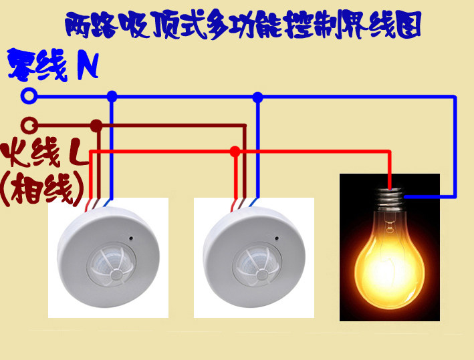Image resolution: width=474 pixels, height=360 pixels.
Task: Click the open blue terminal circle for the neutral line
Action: pyautogui.click(x=29, y=96)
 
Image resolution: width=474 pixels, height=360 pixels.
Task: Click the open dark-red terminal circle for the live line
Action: pyautogui.click(x=29, y=126)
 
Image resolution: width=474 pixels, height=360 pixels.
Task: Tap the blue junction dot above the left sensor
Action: pyautogui.click(x=112, y=97)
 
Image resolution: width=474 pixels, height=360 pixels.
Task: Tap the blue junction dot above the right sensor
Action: pyautogui.click(x=257, y=98)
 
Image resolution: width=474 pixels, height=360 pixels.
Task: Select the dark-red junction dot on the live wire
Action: pyautogui.click(x=96, y=126)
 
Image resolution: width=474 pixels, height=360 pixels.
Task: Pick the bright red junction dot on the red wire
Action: pyautogui.click(x=235, y=152)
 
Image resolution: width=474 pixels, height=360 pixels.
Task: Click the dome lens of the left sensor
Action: pyautogui.click(x=111, y=264)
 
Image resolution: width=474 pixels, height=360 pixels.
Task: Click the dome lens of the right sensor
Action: pyautogui.click(x=257, y=264)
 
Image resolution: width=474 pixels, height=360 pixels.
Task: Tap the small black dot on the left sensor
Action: pyautogui.click(x=131, y=238)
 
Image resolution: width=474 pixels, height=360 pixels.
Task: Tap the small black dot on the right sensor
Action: pyautogui.click(x=277, y=238)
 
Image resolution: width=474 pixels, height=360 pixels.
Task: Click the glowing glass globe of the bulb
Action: pyautogui.click(x=390, y=259)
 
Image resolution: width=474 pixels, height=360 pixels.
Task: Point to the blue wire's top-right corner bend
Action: pyautogui.click(x=455, y=97)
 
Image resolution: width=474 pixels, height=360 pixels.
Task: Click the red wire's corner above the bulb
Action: pyautogui.click(x=389, y=152)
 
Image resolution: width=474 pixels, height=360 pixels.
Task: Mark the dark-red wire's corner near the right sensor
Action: pyautogui.click(x=245, y=126)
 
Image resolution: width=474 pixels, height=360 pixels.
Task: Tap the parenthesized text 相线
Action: pyautogui.click(x=43, y=190)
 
